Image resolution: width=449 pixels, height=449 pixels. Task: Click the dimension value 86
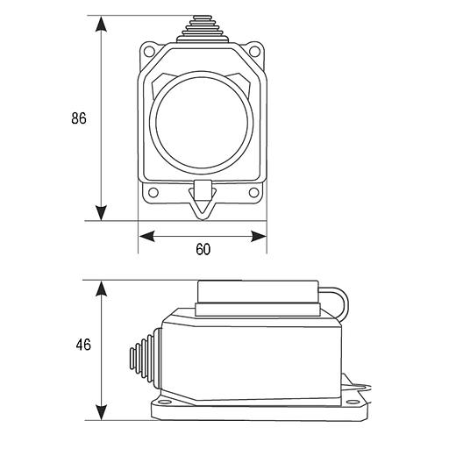tap(79, 118)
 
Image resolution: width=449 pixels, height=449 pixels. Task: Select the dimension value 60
tap(203, 249)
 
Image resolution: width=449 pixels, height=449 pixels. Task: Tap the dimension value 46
tap(83, 345)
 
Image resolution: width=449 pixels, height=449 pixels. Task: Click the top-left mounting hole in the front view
tap(149, 51)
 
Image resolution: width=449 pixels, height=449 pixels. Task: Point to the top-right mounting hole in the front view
tap(254, 51)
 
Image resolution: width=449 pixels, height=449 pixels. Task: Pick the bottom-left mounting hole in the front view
tap(153, 193)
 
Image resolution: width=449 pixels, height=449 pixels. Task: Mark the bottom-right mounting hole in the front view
tap(253, 193)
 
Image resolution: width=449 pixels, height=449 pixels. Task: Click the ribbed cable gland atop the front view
tap(201, 29)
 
